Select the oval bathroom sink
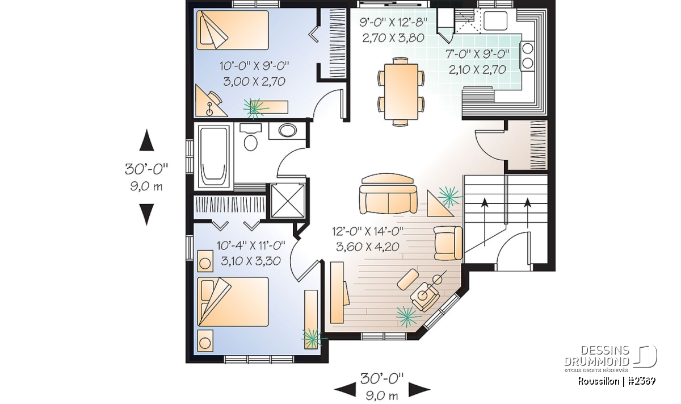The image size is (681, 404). click(287, 131)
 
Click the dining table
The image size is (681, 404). click(401, 91)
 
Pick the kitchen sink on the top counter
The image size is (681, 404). click(495, 20)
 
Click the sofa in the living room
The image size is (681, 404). click(388, 194)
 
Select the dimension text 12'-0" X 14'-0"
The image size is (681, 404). click(368, 232)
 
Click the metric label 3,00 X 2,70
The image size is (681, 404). click(254, 81)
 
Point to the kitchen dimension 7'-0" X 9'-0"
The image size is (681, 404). click(477, 54)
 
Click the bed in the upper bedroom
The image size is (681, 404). click(233, 30)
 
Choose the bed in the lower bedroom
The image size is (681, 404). click(233, 301)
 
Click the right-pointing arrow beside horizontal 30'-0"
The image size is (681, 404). click(419, 389)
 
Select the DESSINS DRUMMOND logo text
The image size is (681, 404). click(596, 356)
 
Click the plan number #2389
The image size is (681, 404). click(641, 381)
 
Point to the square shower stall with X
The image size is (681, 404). click(287, 201)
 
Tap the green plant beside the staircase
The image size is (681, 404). click(449, 197)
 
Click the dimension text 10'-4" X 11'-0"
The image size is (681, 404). click(251, 245)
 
